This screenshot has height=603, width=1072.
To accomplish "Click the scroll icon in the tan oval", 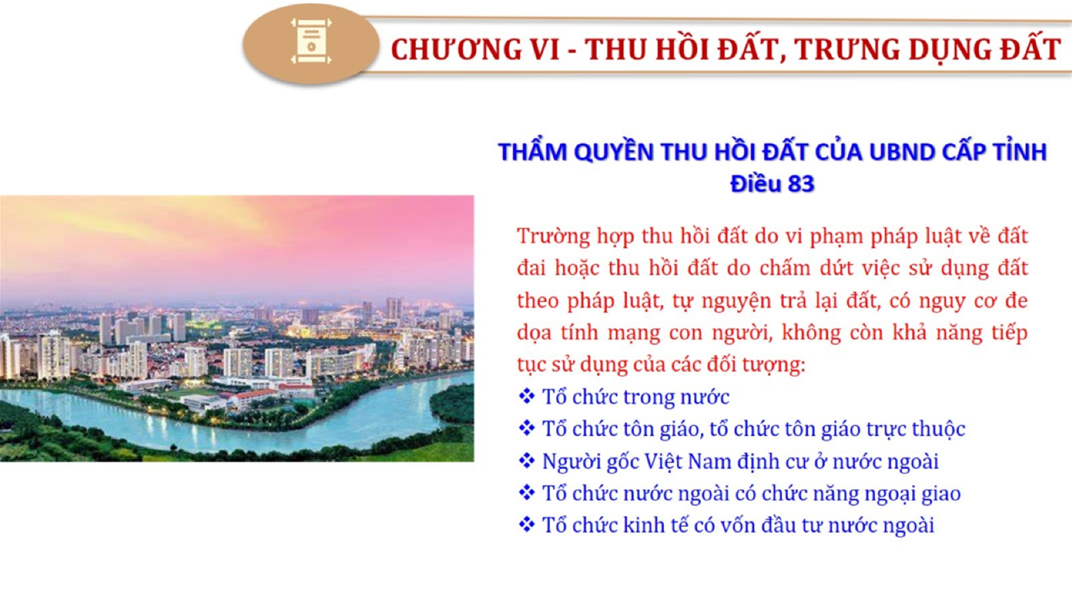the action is [x=311, y=41].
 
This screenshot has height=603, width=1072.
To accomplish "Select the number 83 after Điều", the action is [x=801, y=184].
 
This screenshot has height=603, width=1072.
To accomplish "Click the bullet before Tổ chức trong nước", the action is [x=527, y=396].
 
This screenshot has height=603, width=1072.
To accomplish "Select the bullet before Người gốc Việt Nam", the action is [x=527, y=461].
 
